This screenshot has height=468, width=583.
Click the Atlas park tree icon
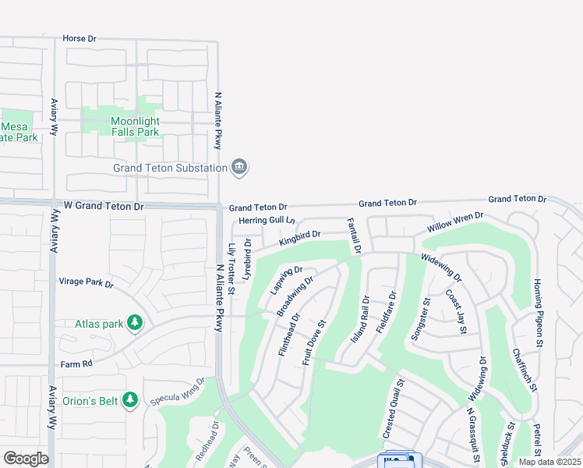135,322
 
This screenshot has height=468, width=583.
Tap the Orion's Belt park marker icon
130,400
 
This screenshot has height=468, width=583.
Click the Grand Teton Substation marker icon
239,167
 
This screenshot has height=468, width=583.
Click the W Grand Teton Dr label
104,207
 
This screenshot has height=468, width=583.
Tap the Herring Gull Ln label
267,221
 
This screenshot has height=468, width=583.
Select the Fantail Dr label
353,236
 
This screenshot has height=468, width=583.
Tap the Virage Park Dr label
87,282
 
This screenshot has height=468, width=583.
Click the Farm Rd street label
76,363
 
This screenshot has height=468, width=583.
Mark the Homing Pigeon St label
537,313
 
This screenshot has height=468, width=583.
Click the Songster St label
419,317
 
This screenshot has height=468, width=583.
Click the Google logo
26,459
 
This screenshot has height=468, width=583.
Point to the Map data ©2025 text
549,462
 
